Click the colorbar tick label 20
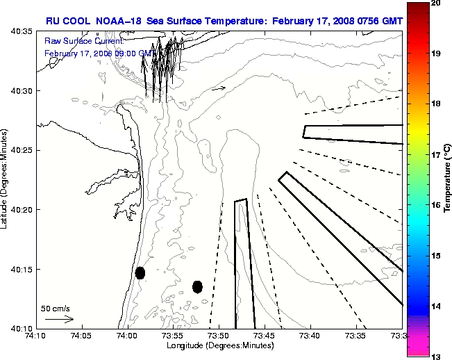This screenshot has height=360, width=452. [x=437, y=3]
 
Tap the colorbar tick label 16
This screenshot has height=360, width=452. [x=437, y=206]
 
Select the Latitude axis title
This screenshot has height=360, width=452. [x=6, y=180]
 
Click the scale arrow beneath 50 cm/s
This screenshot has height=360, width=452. [x=59, y=320]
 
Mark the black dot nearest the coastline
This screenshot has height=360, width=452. [x=140, y=272]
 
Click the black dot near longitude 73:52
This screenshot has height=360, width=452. [x=197, y=286]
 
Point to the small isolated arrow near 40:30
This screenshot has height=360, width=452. [x=219, y=88]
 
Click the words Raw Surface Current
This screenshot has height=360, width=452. [x=76, y=41]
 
